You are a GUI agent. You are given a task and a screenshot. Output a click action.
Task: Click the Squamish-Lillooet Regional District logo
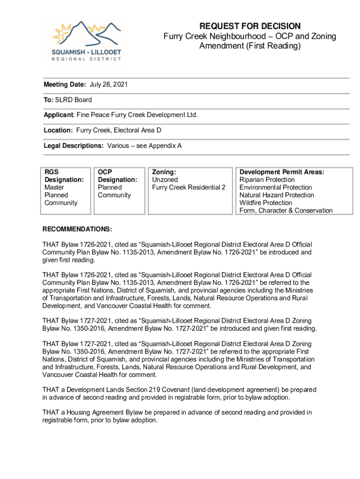pyautogui.click(x=86, y=40)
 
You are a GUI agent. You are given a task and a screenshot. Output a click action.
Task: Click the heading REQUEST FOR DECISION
pyautogui.click(x=250, y=26)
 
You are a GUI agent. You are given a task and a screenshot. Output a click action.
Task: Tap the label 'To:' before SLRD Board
pyautogui.click(x=49, y=100)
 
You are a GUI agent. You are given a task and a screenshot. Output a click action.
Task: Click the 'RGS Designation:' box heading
pyautogui.click(x=64, y=176)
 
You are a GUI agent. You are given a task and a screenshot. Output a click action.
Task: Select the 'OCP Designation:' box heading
pyautogui.click(x=117, y=176)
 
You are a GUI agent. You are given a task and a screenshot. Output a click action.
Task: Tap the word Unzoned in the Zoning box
pyautogui.click(x=165, y=180)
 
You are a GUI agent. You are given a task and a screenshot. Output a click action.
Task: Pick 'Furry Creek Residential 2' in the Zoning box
pyautogui.click(x=189, y=188)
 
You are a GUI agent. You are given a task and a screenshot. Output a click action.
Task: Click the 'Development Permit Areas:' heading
pyautogui.click(x=281, y=172)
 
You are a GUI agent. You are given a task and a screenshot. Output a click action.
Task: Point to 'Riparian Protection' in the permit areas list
pyautogui.click(x=267, y=180)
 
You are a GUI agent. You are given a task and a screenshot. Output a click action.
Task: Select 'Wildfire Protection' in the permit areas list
pyautogui.click(x=266, y=203)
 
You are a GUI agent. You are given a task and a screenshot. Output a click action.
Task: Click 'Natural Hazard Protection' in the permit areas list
pyautogui.click(x=277, y=195)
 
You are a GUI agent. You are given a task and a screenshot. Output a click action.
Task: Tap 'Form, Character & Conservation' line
pyautogui.click(x=286, y=210)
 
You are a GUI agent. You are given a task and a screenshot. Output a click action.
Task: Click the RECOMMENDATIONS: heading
pyautogui.click(x=77, y=229)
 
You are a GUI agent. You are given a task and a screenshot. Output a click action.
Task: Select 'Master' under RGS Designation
pyautogui.click(x=54, y=188)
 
